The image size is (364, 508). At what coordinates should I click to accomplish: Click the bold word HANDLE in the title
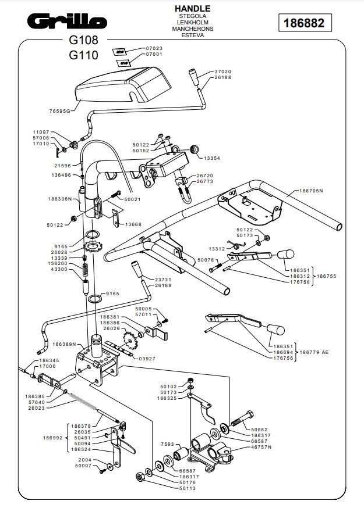click(192, 8)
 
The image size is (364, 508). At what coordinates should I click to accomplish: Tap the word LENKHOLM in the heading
click(192, 22)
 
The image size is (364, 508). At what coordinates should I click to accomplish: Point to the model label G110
click(83, 56)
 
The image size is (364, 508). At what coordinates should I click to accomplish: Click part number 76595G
click(59, 110)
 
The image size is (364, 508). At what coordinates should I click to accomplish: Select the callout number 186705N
click(311, 191)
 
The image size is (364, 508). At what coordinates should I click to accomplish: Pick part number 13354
click(211, 158)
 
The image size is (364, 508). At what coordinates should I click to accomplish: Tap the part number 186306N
click(59, 199)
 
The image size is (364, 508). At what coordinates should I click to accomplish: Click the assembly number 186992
click(53, 438)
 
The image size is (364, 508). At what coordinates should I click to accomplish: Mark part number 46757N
click(263, 447)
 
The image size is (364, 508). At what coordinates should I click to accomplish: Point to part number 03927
click(147, 359)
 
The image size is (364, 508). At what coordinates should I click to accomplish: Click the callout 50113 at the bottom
click(187, 489)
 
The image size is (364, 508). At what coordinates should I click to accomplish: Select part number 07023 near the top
click(154, 48)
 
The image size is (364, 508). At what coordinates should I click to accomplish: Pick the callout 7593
click(167, 443)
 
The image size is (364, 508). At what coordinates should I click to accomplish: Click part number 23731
click(164, 280)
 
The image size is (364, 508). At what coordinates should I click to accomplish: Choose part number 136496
click(61, 175)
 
